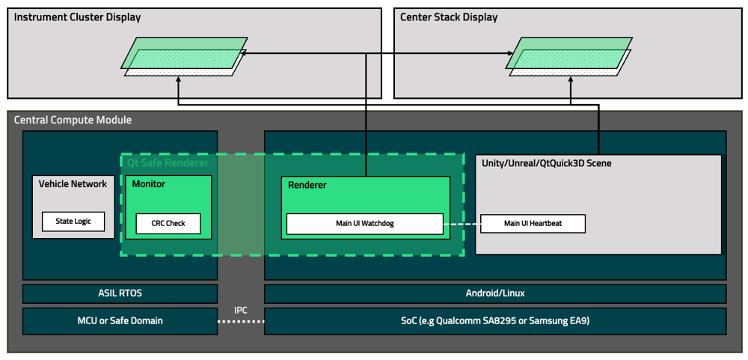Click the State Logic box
[x=73, y=222]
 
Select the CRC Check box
[x=168, y=224]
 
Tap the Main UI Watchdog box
[x=365, y=224]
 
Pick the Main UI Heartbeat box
[x=533, y=224]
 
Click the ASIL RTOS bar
[x=120, y=293]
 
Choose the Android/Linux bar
[x=495, y=293]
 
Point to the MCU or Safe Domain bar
[x=120, y=321]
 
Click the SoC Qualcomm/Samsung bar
[x=495, y=321]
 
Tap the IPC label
[x=241, y=310]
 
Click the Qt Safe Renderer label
[x=168, y=162]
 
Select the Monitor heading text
[x=149, y=184]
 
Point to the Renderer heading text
[x=307, y=185]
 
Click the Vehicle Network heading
[x=73, y=184]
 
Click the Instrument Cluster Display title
[x=77, y=17]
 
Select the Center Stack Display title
[x=449, y=17]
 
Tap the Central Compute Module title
[x=73, y=120]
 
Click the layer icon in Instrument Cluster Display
[x=185, y=57]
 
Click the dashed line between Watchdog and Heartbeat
[x=462, y=224]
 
